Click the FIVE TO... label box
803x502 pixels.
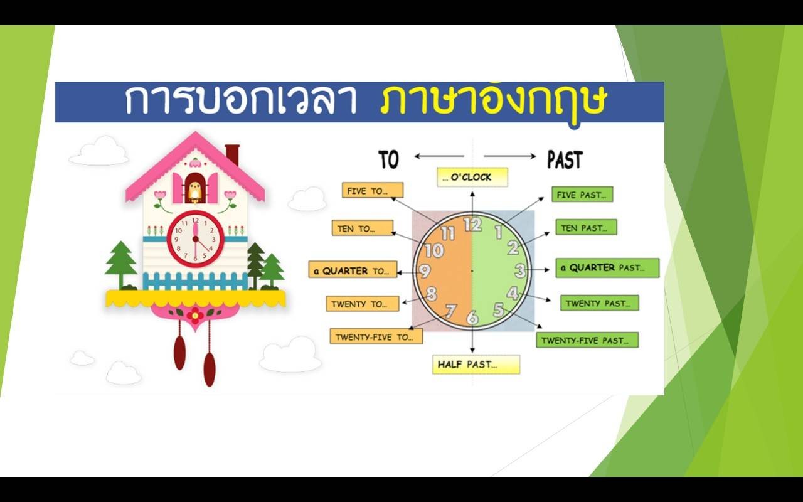(x=373, y=190)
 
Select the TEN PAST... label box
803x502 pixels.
(x=586, y=227)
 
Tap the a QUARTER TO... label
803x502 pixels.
(x=353, y=270)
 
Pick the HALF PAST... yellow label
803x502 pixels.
(x=476, y=365)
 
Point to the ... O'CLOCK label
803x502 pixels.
(x=472, y=177)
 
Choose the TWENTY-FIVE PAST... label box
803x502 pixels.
(x=587, y=340)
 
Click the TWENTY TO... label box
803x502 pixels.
(x=363, y=304)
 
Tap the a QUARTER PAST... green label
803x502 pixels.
(x=607, y=268)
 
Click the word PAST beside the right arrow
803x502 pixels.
(x=565, y=160)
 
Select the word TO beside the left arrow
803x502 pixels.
(x=388, y=160)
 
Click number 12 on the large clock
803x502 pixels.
(x=473, y=225)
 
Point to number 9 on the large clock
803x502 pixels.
(x=425, y=271)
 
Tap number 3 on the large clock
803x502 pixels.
(x=520, y=270)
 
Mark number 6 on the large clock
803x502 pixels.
(x=472, y=318)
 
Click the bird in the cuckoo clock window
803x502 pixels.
(x=194, y=190)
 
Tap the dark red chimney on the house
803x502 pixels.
(x=232, y=155)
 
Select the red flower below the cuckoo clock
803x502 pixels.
(x=195, y=316)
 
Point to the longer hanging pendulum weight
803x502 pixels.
(x=209, y=369)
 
